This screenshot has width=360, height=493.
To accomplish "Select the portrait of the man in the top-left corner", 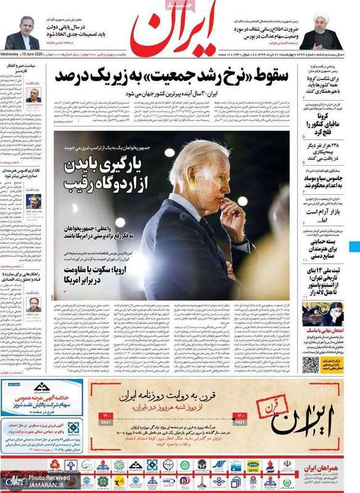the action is click(22, 31).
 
